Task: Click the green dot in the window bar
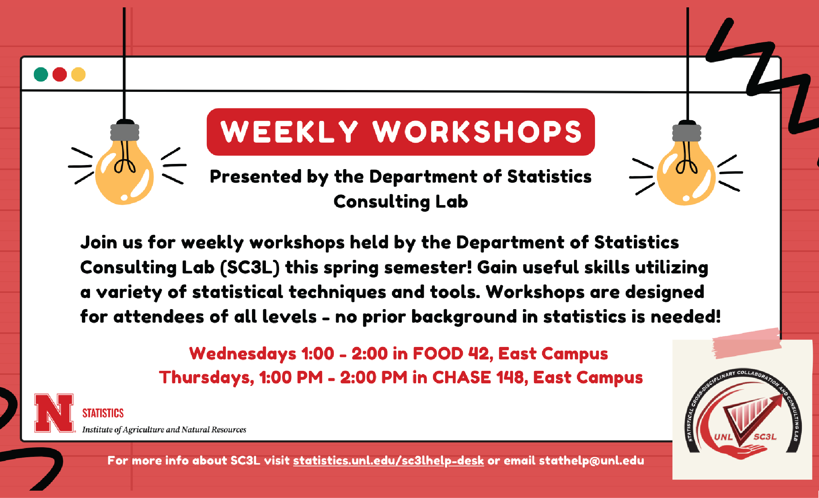click(x=41, y=74)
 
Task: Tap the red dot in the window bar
click(x=59, y=74)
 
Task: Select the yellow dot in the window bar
click(x=78, y=74)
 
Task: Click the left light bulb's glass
click(x=124, y=173)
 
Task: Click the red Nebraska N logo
click(x=54, y=413)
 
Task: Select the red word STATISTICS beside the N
click(x=103, y=413)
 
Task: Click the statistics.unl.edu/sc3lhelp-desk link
click(x=388, y=461)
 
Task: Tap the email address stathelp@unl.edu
click(x=591, y=461)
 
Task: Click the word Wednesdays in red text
click(x=243, y=354)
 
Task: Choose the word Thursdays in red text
click(x=206, y=377)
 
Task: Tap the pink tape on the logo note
click(x=747, y=343)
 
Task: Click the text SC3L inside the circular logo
click(x=765, y=437)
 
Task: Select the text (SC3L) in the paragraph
click(x=250, y=267)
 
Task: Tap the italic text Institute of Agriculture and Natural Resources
click(x=164, y=430)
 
